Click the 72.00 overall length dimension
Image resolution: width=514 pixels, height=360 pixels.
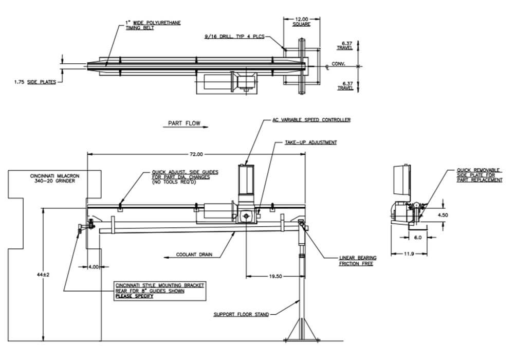click(196, 154)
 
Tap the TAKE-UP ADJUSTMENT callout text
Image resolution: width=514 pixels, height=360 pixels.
click(311, 142)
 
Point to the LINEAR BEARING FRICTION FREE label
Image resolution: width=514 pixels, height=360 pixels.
click(358, 260)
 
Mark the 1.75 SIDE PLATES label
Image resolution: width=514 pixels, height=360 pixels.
click(35, 82)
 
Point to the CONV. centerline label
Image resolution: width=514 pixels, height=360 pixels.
click(339, 65)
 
